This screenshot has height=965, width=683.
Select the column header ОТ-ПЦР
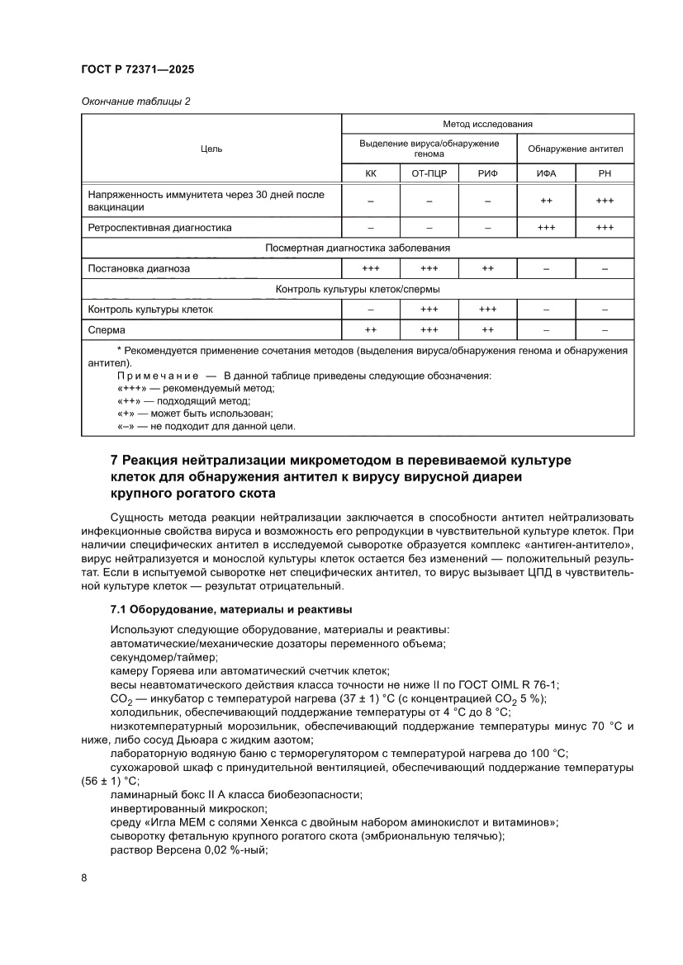coord(429,174)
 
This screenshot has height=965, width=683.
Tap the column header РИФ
coord(487,174)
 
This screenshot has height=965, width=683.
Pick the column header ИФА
coord(546,174)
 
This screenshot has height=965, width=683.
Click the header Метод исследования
coord(487,124)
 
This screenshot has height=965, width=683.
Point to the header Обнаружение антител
coord(576,149)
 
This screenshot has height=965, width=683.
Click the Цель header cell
coord(211,149)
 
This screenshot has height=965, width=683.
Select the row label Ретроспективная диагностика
coord(159,227)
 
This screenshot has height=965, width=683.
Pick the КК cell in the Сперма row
coord(371,330)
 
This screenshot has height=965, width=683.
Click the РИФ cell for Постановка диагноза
coord(487,268)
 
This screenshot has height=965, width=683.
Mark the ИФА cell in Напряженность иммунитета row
coord(546,201)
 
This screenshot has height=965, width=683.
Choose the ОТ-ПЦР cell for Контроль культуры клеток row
coord(429,310)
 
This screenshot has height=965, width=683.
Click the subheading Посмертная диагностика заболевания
coord(358,248)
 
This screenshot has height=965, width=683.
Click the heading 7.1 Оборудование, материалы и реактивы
coord(231,609)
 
